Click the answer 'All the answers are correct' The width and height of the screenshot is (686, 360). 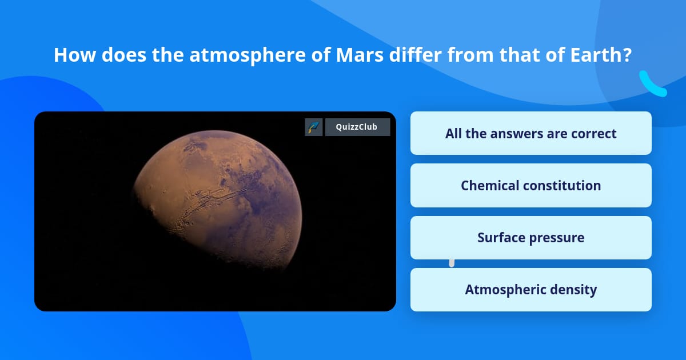[x=531, y=134]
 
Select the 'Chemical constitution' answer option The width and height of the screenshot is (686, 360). [x=531, y=186]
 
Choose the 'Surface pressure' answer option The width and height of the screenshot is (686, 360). [x=531, y=238]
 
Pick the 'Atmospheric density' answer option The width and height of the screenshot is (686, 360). [x=531, y=290]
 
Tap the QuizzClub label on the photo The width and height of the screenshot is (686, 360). [x=357, y=127]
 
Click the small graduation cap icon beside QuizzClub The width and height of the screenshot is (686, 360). [x=314, y=127]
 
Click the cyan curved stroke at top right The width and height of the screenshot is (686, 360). [x=652, y=85]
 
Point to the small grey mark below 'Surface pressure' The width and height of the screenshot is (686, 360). [x=452, y=263]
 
